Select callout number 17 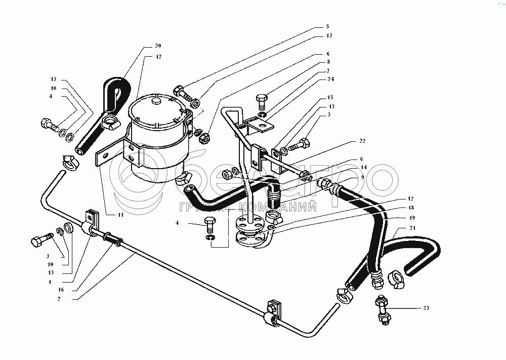pyautogui.click(x=158, y=57)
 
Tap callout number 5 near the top pyautogui.click(x=327, y=26)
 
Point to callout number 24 pyautogui.click(x=330, y=80)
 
